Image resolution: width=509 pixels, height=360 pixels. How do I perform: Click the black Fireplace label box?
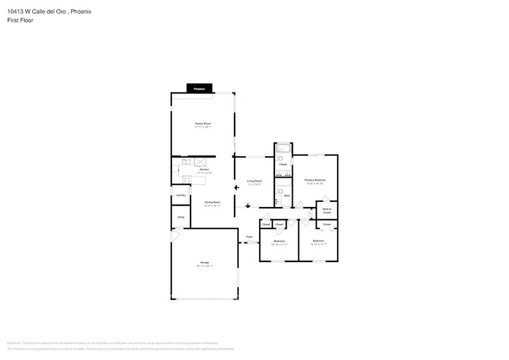coord(200,89)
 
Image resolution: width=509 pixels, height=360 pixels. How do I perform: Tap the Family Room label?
coord(203,124)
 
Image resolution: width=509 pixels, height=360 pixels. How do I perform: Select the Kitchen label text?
coord(204,170)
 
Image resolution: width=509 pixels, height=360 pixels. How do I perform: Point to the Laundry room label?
coord(181,195)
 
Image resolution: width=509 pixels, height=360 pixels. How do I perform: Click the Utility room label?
coord(181,217)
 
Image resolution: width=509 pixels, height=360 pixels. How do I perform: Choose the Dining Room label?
coord(212,202)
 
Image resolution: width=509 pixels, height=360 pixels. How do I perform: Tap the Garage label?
coord(204,263)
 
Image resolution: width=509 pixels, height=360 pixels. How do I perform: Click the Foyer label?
coord(249,236)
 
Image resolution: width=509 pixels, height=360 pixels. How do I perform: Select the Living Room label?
coord(254,181)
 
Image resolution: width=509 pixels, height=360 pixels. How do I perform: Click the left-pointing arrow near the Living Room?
coord(236,188)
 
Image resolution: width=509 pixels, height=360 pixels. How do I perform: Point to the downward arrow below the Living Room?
coord(247,206)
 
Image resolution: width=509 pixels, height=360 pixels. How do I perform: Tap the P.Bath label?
coord(283,165)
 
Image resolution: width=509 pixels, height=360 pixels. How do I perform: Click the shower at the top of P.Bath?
coord(284,148)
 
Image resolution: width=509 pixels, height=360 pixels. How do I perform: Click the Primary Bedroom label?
coord(315,180)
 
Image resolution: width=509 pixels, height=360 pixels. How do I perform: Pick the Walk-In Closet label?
coord(326,210)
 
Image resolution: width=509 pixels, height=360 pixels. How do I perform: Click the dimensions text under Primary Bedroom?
coord(315,184)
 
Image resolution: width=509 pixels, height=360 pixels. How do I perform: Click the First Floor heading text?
coord(21,20)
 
